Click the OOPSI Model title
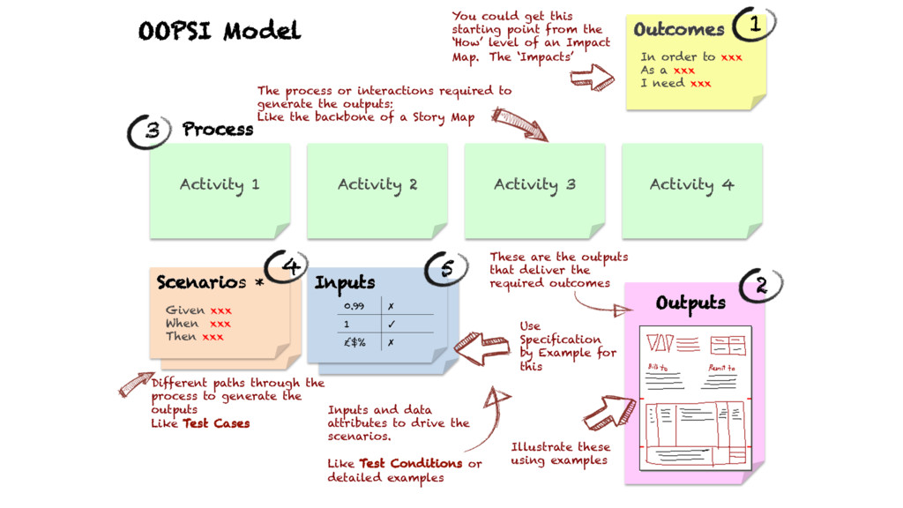(220, 32)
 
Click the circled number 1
(754, 26)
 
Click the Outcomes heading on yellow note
(678, 30)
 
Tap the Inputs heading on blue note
(345, 283)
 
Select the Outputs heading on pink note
(690, 303)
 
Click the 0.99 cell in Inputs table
(354, 305)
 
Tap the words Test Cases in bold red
(216, 423)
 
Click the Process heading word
(218, 130)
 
